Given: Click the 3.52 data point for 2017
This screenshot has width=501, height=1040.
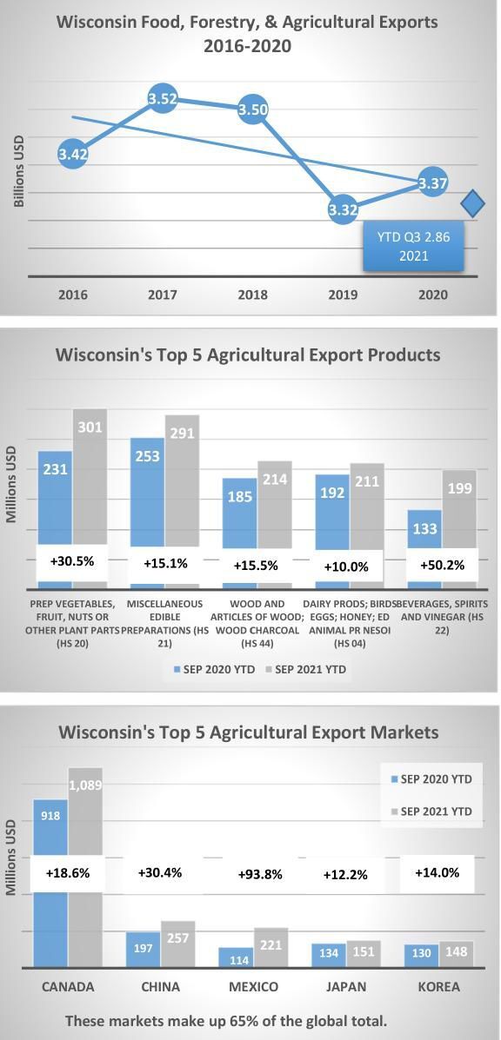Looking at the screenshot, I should tap(163, 99).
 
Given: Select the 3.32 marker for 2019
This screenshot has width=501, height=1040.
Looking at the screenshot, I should tap(343, 209).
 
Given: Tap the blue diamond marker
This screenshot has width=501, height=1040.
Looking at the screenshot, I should tap(472, 204).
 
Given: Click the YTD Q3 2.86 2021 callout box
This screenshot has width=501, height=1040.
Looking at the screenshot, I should tap(413, 246).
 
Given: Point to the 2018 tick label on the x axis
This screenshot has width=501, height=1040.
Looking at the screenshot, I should tap(252, 295).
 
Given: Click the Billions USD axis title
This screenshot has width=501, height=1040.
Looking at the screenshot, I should tap(19, 169).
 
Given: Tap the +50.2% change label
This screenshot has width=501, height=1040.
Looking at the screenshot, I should tap(442, 565).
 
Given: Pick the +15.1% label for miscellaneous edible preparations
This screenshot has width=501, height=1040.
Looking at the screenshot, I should tap(164, 564).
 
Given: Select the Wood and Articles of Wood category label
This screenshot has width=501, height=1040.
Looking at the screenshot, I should tap(257, 623).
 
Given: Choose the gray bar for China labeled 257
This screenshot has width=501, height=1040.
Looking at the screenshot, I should tap(177, 944).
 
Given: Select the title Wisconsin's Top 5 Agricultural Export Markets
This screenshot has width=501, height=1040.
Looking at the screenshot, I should tap(249, 732).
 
